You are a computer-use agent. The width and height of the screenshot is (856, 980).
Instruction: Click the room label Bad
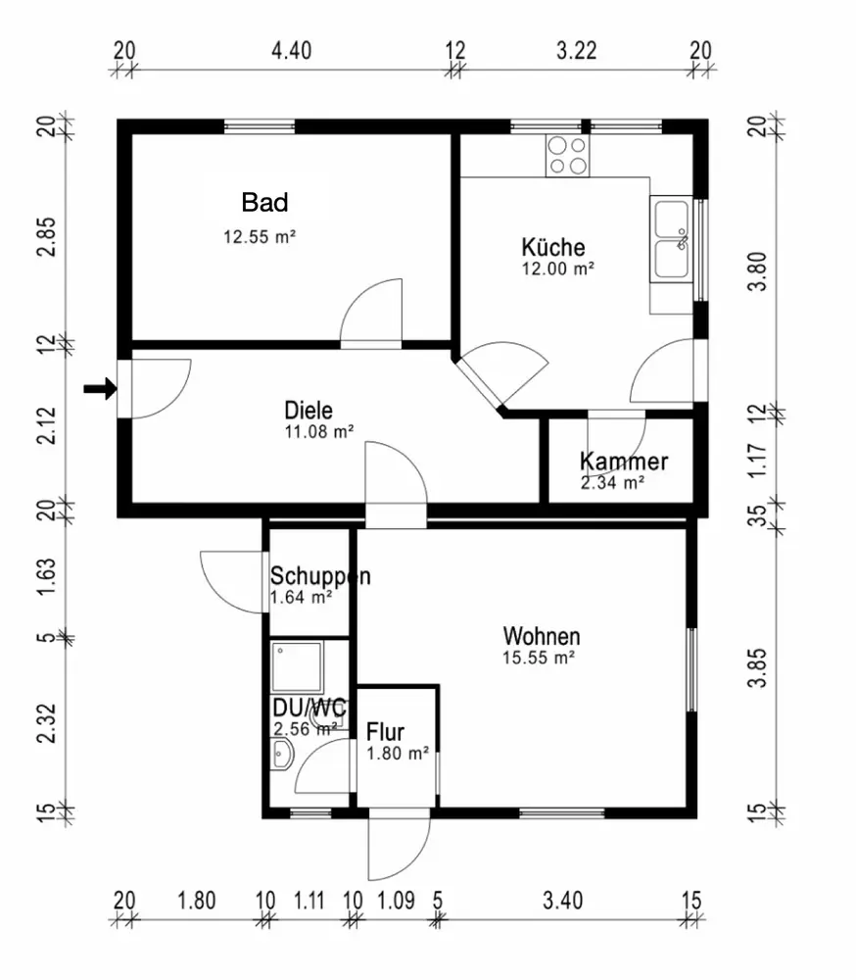[x=264, y=203]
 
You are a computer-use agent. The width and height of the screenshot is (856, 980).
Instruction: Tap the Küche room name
[x=553, y=247]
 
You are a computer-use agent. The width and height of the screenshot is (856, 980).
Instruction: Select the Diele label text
[x=309, y=411]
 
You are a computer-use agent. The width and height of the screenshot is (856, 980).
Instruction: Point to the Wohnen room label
[x=542, y=636]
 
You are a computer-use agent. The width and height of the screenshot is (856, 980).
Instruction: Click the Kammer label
[x=624, y=462]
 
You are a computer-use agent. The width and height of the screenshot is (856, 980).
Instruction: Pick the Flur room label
[x=386, y=732]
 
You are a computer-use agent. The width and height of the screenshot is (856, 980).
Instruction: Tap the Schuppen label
[x=320, y=576]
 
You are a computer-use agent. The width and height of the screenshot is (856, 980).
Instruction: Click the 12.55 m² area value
[x=260, y=237]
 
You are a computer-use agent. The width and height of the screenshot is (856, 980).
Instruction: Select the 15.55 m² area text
[x=539, y=659]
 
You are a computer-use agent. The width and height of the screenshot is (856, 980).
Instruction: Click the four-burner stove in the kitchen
[x=567, y=156]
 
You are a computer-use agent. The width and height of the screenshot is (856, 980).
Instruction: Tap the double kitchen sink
[x=672, y=239]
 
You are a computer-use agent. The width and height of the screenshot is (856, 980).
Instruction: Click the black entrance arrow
[x=101, y=389]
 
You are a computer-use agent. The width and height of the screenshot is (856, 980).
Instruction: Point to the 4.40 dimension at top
[x=291, y=51]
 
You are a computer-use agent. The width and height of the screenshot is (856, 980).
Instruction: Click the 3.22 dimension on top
[x=577, y=51]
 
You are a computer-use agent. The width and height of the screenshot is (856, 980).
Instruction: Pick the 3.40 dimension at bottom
[x=563, y=902]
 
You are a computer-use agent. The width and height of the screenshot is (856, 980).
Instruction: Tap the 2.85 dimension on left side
[x=47, y=237]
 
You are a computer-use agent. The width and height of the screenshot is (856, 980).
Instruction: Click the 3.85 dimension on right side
[x=758, y=668]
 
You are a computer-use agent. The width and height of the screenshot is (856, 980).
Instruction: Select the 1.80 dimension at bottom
[x=197, y=902]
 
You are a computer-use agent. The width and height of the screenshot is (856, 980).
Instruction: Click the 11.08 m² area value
[x=319, y=432]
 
